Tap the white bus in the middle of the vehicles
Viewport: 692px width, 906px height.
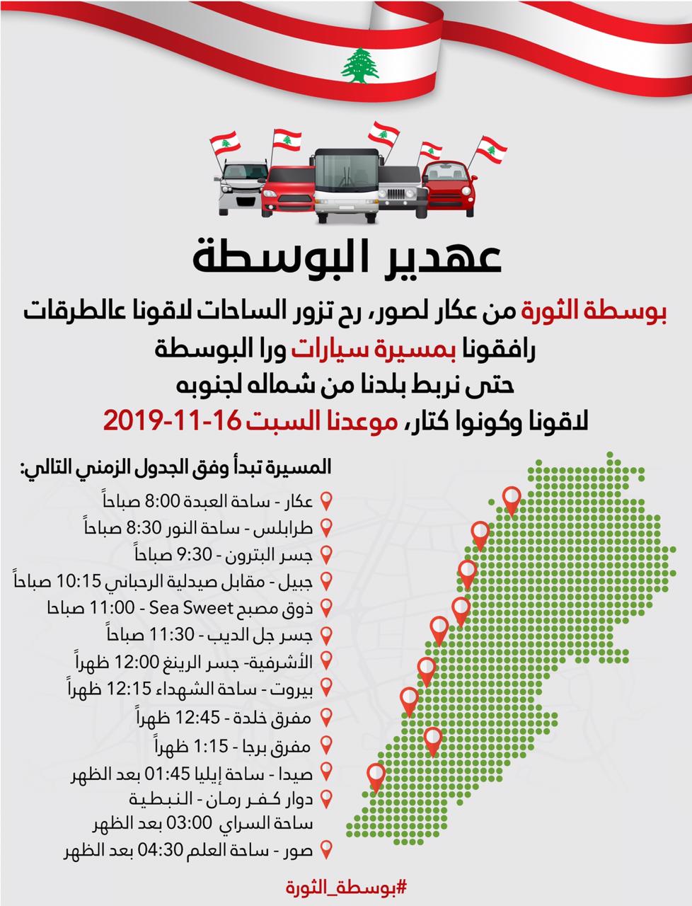pyautogui.click(x=345, y=183)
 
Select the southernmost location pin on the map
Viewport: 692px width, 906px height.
pyautogui.click(x=376, y=776)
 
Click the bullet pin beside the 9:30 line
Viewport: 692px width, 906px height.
pyautogui.click(x=326, y=554)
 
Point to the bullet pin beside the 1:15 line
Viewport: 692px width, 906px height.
pyautogui.click(x=326, y=745)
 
